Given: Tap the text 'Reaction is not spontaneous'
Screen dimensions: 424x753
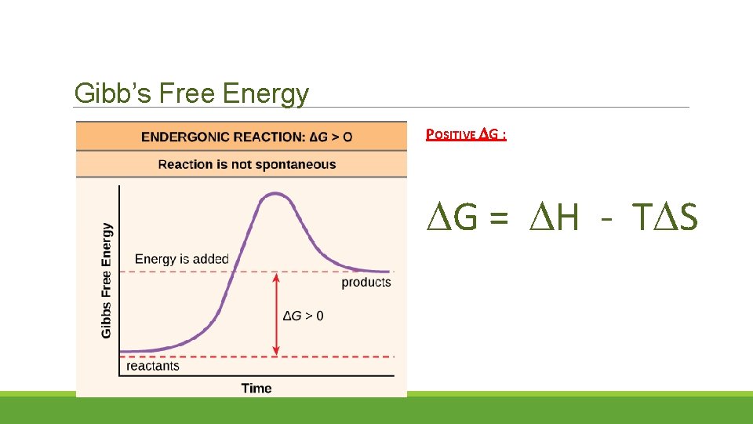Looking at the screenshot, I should click(x=246, y=164).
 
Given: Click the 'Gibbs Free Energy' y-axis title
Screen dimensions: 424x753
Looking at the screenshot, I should click(x=107, y=280).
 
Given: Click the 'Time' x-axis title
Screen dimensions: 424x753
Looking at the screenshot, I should click(x=256, y=388).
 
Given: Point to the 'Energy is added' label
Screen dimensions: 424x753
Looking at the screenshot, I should click(x=182, y=258).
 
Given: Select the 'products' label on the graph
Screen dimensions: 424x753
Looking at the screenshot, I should click(x=366, y=282).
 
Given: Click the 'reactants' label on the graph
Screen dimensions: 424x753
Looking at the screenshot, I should click(x=153, y=365).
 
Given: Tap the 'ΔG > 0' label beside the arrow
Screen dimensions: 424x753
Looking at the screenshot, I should click(x=303, y=316).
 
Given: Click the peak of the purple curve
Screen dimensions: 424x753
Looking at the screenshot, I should click(x=274, y=193).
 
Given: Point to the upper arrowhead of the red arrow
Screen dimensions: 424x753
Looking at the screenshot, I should click(x=276, y=276).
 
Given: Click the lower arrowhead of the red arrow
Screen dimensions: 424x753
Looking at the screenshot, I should click(x=276, y=352).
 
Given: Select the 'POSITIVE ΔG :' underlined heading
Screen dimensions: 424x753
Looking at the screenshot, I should click(x=465, y=134).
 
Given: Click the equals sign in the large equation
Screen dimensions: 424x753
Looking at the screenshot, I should click(x=498, y=218).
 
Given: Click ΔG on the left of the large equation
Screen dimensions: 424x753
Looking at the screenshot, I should click(x=452, y=217).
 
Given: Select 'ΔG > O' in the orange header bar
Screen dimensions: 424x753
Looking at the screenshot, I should click(x=331, y=137).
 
